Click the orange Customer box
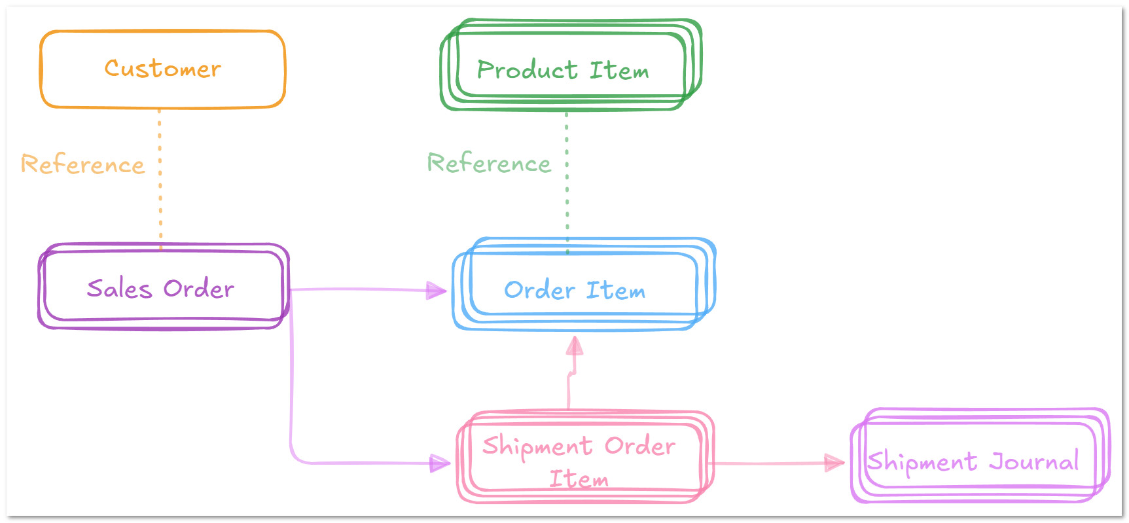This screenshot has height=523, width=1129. (x=162, y=69)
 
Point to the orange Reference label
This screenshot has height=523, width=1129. (x=82, y=164)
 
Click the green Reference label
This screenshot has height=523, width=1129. (x=489, y=163)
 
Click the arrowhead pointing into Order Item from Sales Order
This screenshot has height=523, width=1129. (x=437, y=290)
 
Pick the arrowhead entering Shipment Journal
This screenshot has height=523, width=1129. (x=834, y=463)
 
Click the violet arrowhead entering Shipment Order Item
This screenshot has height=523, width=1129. (x=440, y=463)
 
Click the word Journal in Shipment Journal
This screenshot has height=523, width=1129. (x=1033, y=461)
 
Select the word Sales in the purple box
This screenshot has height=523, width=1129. (x=119, y=288)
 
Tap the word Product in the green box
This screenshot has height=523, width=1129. (x=527, y=69)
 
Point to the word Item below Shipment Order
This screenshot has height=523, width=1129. (x=579, y=479)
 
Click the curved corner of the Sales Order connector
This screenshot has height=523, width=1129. (x=294, y=456)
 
